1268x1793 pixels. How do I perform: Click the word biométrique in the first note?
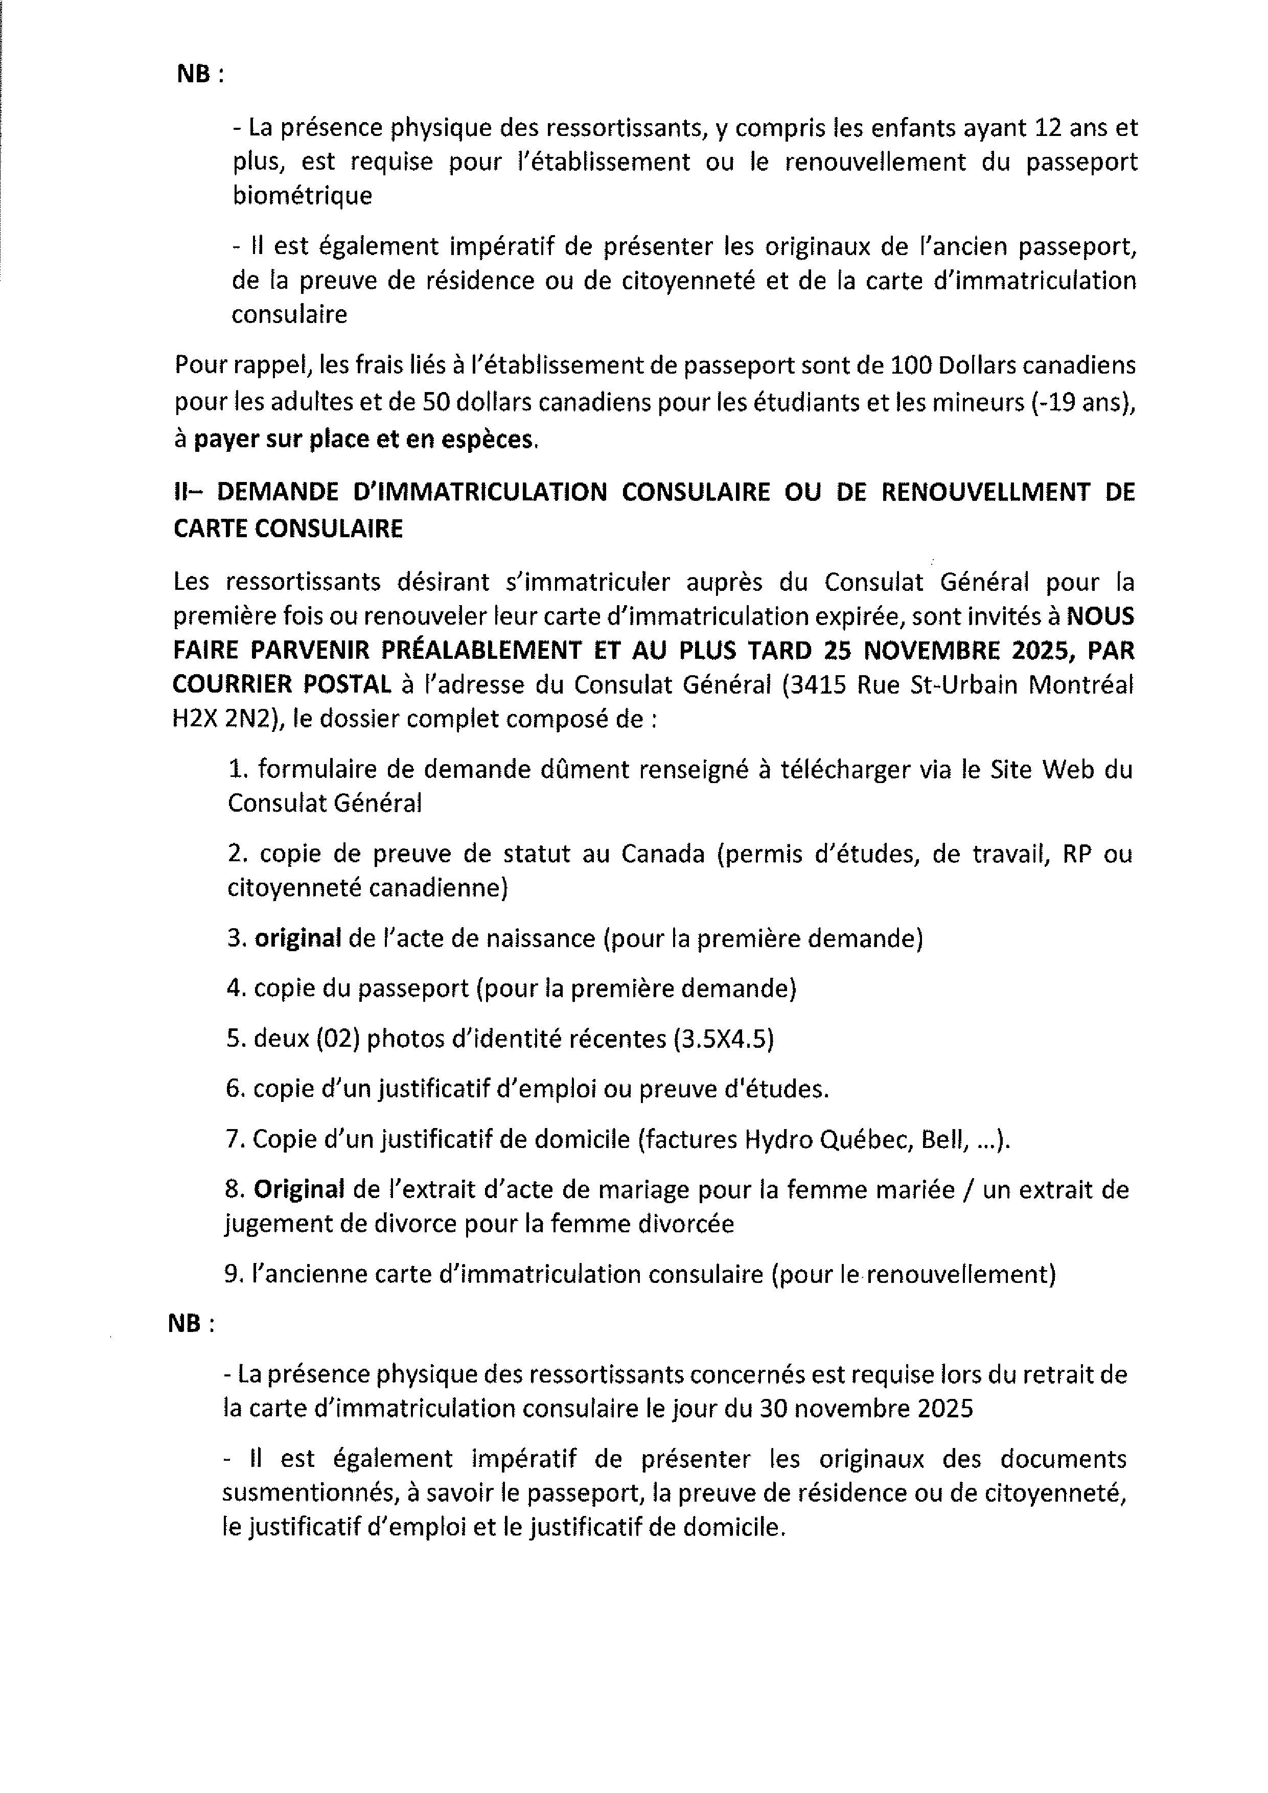(x=302, y=195)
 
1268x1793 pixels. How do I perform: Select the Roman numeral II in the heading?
(x=182, y=492)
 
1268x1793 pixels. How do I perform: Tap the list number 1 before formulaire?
(x=236, y=769)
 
